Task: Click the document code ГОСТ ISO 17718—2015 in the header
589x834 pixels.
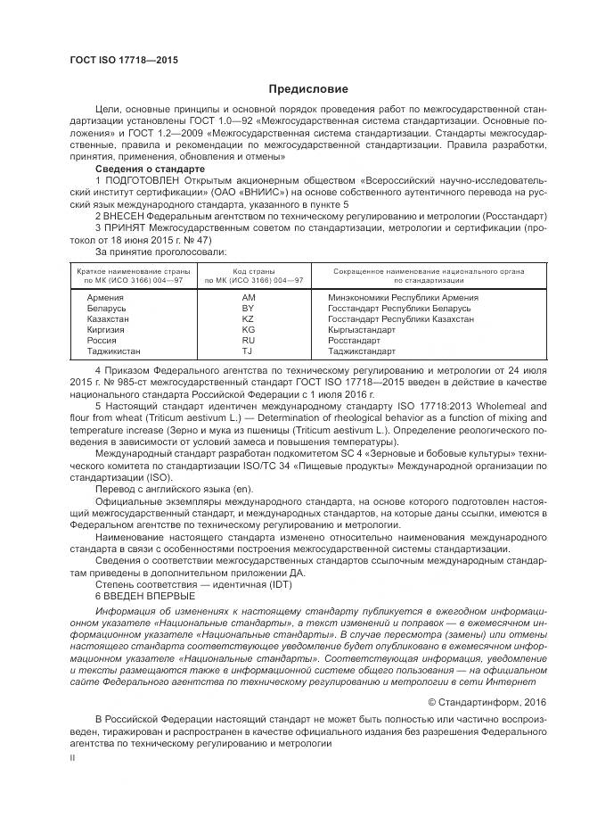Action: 124,60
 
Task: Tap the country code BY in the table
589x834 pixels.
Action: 249,308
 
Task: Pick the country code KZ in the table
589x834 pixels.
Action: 249,318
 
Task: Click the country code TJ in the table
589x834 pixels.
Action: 249,351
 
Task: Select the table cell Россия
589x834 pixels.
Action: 92,341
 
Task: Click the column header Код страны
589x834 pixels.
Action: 254,269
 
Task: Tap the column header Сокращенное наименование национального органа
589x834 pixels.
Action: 428,269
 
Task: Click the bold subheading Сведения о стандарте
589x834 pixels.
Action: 150,169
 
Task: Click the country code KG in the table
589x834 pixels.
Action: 249,329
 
